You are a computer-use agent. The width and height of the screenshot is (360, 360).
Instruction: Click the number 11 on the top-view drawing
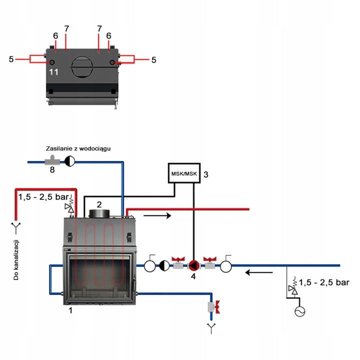click(x=54, y=72)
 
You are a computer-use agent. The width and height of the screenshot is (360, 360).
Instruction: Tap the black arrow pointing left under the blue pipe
click(x=259, y=273)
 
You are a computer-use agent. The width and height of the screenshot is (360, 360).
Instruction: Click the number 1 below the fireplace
click(x=70, y=310)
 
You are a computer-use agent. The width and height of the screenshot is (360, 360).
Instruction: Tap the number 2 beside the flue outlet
click(x=99, y=204)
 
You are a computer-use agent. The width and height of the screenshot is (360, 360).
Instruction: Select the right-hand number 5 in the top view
click(x=153, y=59)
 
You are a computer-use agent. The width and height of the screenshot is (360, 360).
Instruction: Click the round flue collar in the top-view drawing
click(x=82, y=65)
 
